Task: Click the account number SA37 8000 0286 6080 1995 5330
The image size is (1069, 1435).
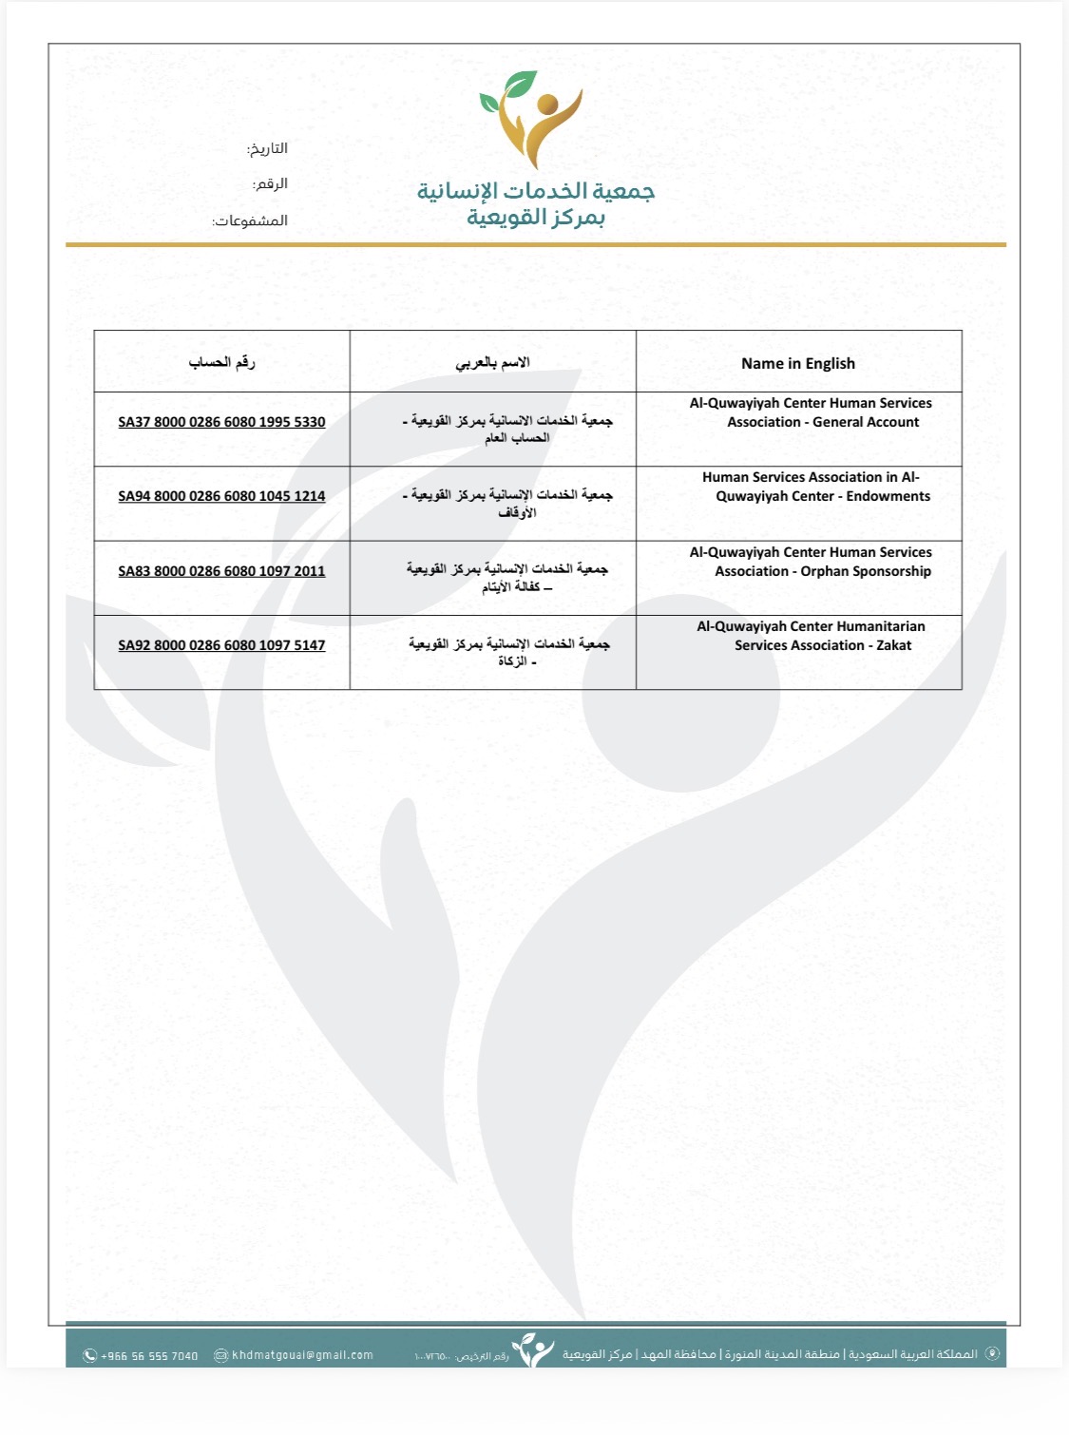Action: click(221, 422)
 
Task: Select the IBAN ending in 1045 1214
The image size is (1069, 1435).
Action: click(221, 496)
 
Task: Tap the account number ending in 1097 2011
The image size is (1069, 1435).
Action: click(221, 571)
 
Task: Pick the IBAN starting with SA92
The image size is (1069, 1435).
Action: click(221, 645)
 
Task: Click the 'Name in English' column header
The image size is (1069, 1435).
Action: click(798, 363)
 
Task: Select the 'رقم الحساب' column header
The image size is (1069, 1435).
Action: click(221, 362)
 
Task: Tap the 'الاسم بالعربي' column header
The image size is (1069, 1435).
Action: click(492, 362)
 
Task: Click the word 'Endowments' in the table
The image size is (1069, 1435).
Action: click(888, 496)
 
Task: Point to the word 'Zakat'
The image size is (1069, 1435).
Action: click(893, 645)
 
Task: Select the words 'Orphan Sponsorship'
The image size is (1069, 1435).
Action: click(866, 571)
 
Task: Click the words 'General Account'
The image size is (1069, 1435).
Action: click(866, 422)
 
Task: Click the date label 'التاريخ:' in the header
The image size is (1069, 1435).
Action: click(267, 149)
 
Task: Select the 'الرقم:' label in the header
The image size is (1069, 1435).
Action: click(270, 183)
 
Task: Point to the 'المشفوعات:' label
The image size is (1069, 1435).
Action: click(250, 220)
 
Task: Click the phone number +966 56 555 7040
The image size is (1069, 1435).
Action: click(149, 1356)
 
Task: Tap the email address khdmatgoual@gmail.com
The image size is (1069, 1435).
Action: click(302, 1355)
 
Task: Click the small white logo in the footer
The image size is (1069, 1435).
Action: click(533, 1350)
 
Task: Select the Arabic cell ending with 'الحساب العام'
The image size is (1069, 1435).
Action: click(508, 429)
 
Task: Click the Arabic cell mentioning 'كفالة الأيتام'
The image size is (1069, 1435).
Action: click(508, 578)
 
